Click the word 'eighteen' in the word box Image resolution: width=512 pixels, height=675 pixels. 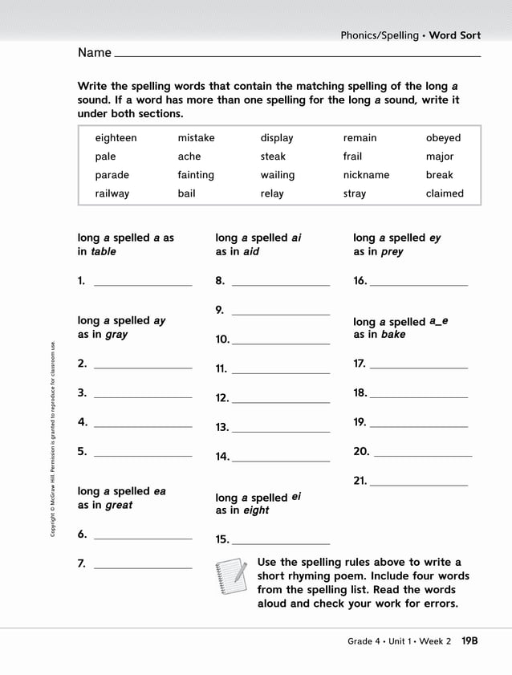tap(116, 138)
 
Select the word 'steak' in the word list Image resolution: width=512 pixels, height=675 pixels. tap(273, 157)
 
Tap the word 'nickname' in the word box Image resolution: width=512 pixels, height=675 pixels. tap(366, 175)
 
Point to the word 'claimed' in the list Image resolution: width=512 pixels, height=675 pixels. tap(445, 193)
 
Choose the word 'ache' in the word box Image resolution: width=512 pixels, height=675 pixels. tap(189, 157)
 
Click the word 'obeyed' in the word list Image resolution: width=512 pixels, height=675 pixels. tap(443, 138)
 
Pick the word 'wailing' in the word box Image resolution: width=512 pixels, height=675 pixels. tap(277, 175)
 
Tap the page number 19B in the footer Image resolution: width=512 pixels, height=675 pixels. tap(469, 641)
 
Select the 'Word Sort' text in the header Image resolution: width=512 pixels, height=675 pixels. tap(454, 35)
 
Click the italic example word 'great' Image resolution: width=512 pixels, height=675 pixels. tap(119, 505)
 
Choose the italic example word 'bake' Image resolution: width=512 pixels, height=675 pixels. tap(393, 334)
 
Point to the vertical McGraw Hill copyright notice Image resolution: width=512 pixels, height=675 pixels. tap(53, 441)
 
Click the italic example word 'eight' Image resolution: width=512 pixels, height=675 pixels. tap(256, 510)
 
